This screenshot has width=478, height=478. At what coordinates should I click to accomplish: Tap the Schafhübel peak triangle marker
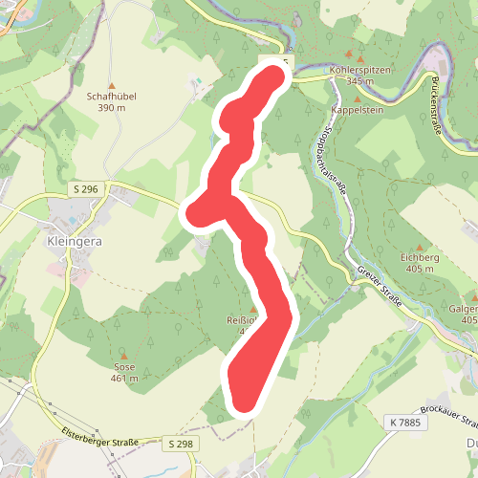(x=110, y=85)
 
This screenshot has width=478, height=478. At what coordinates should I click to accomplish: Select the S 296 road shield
(x=84, y=190)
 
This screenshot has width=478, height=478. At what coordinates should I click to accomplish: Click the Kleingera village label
(x=74, y=242)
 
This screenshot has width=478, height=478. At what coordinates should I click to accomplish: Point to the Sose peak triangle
(x=123, y=356)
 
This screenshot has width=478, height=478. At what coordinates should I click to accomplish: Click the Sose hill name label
(x=124, y=367)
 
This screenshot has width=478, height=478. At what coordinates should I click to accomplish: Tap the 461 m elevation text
(x=124, y=379)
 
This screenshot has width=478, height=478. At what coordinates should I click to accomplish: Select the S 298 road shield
(x=180, y=444)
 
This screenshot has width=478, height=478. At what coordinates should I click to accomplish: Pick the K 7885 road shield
(x=405, y=422)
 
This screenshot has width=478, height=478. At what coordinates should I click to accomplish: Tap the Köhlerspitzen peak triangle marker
(x=348, y=58)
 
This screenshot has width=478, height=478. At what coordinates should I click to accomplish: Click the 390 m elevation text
(x=111, y=108)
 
